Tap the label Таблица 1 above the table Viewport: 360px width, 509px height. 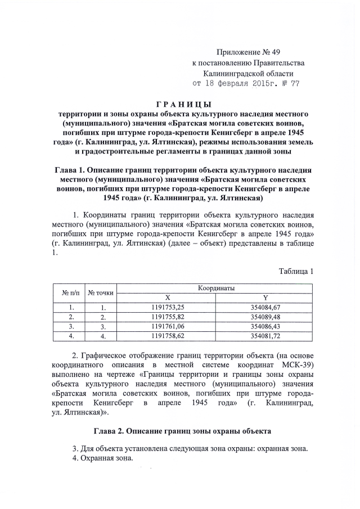(x=296, y=272)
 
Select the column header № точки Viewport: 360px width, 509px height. (x=101, y=292)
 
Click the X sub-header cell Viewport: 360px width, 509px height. (x=168, y=297)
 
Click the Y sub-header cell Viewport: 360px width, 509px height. (x=265, y=297)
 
